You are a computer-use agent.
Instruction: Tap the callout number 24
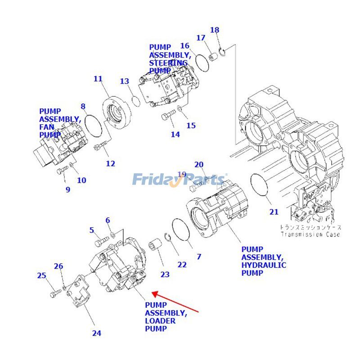point(97,333)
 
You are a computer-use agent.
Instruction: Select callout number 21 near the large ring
point(274,212)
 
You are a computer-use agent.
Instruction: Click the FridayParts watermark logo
point(180,180)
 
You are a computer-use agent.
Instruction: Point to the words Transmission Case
point(310,234)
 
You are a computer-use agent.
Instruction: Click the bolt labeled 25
point(54,293)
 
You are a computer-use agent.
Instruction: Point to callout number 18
point(215,30)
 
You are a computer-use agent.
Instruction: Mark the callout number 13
point(124,81)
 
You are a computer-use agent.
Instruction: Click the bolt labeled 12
point(100,146)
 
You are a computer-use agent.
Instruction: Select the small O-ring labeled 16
point(202,63)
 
